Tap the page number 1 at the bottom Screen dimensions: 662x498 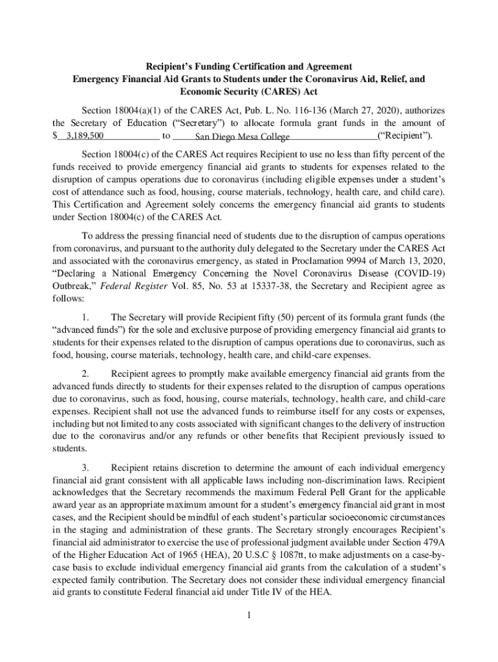(248, 615)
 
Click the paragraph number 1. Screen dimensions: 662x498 (86, 317)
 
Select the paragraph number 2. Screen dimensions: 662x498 (86, 374)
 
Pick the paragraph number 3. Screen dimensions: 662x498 (86, 467)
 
